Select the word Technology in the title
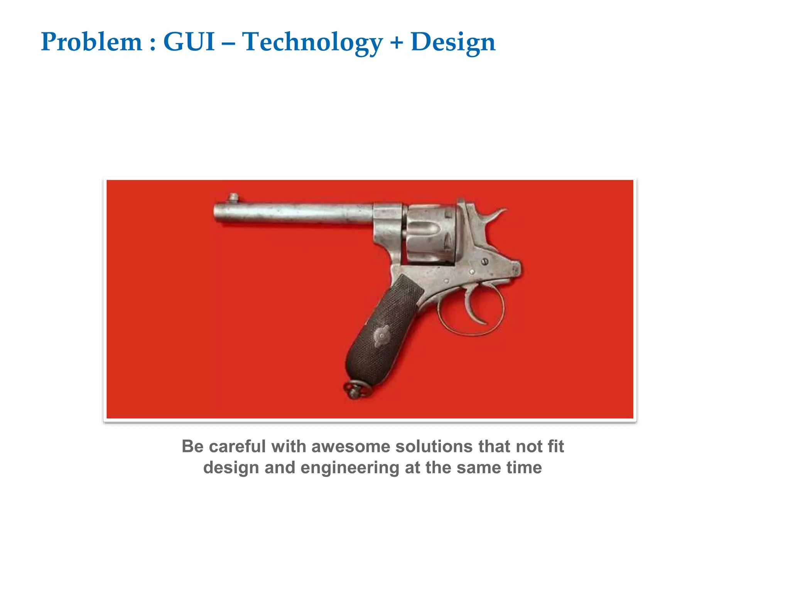(x=312, y=42)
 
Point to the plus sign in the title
(x=397, y=42)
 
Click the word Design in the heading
(x=453, y=42)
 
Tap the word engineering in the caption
(x=349, y=468)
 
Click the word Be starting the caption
(x=192, y=446)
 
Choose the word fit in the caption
(x=556, y=446)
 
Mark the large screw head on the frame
(x=485, y=262)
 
